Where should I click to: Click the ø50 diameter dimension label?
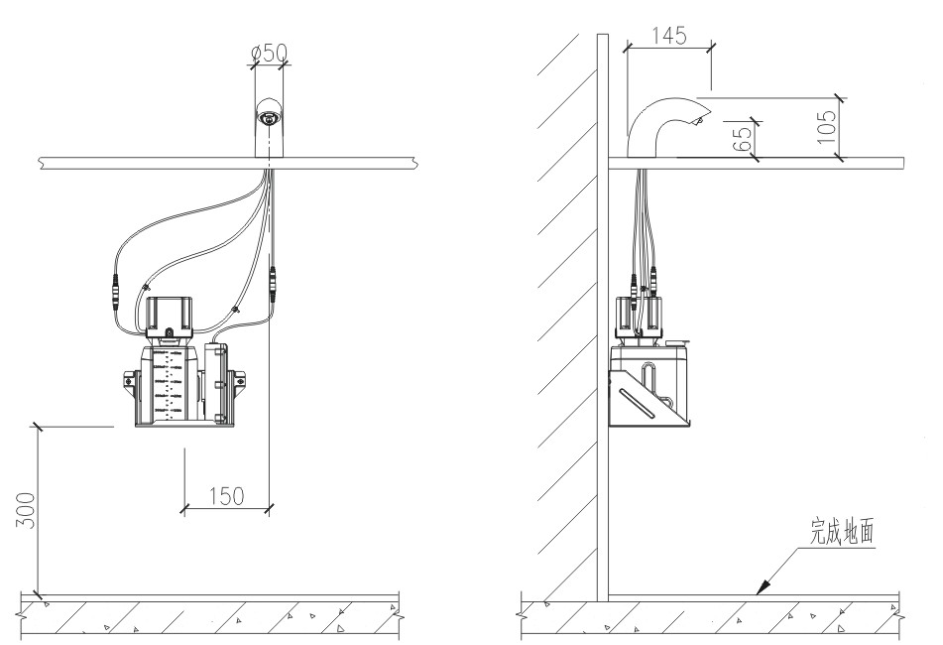(x=270, y=53)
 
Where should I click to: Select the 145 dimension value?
(x=668, y=36)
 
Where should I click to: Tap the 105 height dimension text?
(x=827, y=126)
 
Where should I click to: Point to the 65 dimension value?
(x=744, y=138)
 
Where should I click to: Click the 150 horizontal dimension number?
(x=227, y=496)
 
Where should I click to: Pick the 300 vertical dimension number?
(x=25, y=511)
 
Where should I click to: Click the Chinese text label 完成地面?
(x=842, y=531)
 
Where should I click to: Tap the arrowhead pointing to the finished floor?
(x=763, y=586)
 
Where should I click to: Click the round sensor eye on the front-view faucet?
(x=269, y=118)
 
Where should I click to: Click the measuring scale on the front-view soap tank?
(x=169, y=384)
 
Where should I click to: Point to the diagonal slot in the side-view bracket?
(x=639, y=402)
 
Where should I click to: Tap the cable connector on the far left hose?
(x=114, y=291)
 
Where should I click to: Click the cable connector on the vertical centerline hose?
(x=272, y=282)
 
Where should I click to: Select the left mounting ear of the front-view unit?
(x=131, y=381)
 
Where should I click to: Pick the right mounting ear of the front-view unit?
(x=239, y=380)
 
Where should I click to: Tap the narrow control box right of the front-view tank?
(x=215, y=383)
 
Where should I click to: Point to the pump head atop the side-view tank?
(x=639, y=316)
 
